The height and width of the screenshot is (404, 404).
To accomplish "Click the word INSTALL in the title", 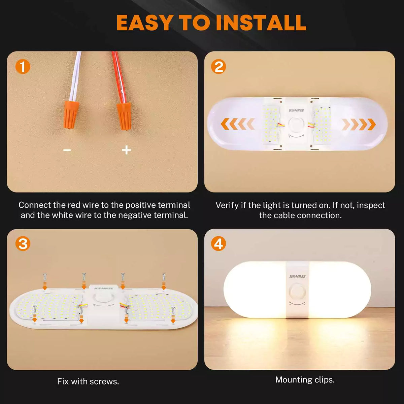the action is click(261, 23).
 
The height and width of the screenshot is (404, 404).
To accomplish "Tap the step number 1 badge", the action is click(23, 67).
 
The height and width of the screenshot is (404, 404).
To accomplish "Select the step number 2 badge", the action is click(218, 67).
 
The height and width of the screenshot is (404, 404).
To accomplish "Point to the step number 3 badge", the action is click(23, 244).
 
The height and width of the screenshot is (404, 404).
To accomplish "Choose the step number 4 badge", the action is click(218, 244).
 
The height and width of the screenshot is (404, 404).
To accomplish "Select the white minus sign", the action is click(67, 150).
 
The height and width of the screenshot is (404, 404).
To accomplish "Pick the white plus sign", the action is click(127, 150).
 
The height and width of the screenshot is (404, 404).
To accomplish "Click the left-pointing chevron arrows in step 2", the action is click(238, 124).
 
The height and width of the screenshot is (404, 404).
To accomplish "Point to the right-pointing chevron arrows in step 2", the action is click(359, 124).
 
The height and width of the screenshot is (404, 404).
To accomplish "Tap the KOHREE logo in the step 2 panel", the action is click(296, 110).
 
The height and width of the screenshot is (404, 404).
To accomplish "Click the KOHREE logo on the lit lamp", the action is click(298, 276).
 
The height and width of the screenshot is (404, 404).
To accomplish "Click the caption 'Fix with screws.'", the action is click(88, 381).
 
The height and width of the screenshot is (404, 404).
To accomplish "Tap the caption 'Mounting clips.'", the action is click(305, 380).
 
